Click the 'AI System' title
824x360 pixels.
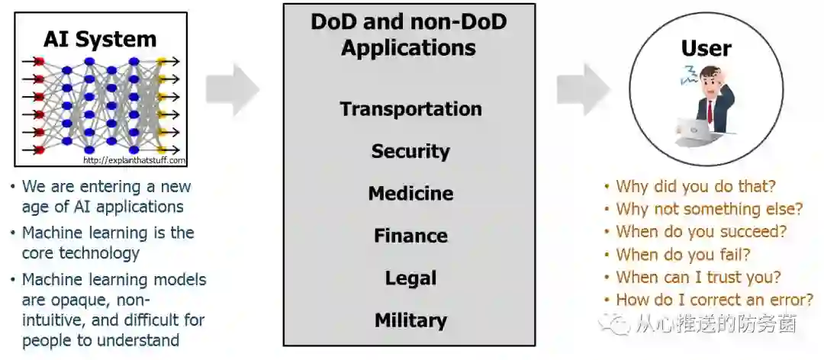point(100,39)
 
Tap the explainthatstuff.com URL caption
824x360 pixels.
point(134,160)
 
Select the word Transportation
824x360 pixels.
point(410,109)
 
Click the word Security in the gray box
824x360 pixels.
point(410,151)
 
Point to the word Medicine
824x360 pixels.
point(410,194)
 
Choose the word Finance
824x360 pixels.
point(410,236)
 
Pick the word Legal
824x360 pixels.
point(410,278)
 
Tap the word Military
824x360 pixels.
point(410,320)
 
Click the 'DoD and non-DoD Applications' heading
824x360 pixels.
point(409,34)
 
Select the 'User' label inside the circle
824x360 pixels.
point(706,48)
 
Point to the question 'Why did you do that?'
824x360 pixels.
point(695,186)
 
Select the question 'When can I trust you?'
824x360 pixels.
point(698,278)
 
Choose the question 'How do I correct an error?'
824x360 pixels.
point(714,300)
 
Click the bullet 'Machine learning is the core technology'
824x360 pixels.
point(107,243)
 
